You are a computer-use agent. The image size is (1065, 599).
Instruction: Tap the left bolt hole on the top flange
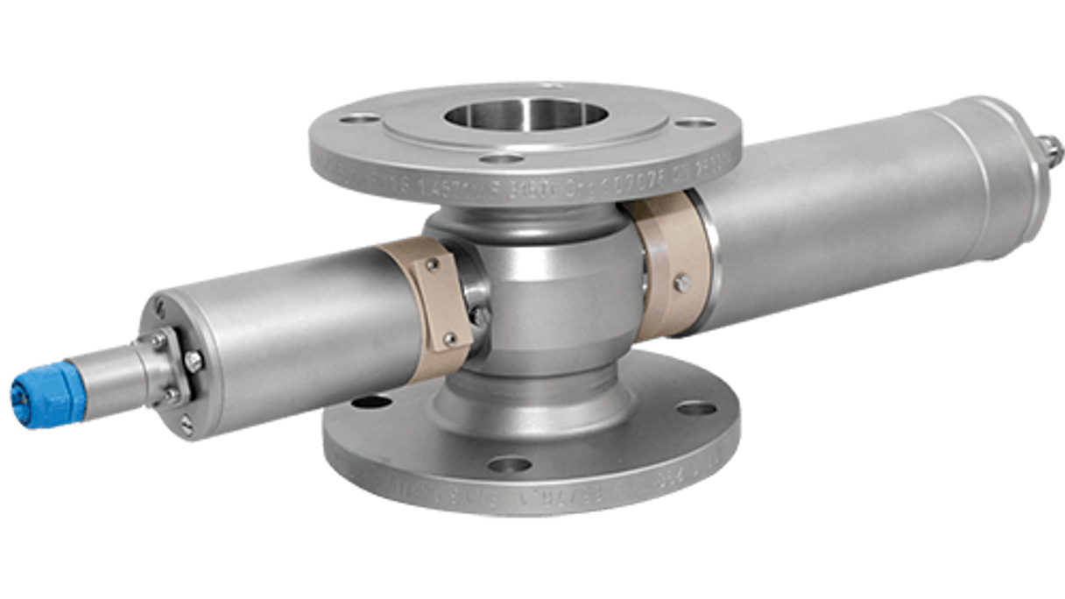click(360, 118)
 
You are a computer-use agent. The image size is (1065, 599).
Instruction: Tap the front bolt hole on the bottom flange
click(510, 464)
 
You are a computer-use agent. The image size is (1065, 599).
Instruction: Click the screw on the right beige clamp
click(681, 282)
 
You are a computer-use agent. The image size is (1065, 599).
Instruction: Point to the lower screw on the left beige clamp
click(450, 338)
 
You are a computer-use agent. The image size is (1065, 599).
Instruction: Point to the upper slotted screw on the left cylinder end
click(159, 308)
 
